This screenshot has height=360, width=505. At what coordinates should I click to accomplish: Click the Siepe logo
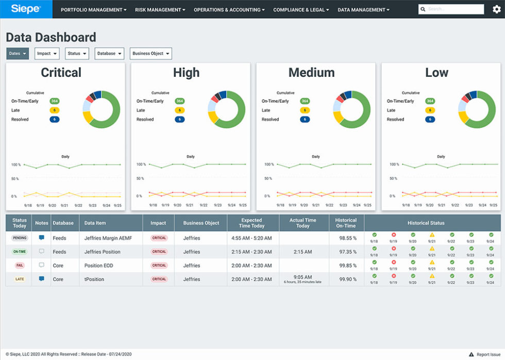click(26, 9)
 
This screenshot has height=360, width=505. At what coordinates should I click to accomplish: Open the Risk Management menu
click(160, 10)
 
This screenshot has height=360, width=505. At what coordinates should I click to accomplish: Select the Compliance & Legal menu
click(301, 10)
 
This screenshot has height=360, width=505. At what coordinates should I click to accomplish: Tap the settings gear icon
click(496, 9)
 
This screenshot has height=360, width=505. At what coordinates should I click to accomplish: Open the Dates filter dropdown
click(18, 54)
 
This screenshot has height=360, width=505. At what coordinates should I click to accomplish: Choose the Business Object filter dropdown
click(150, 54)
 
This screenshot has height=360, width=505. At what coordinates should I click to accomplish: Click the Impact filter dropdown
click(47, 54)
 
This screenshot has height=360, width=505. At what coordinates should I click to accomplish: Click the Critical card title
click(61, 73)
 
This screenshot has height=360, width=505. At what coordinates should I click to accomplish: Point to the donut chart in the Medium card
click(351, 109)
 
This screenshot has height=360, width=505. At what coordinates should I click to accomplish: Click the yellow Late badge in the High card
click(180, 110)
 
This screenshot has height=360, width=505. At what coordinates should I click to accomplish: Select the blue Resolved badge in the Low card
click(430, 120)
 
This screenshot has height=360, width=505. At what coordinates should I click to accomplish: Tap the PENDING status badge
click(20, 238)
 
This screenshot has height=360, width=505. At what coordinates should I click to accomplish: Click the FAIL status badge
click(20, 266)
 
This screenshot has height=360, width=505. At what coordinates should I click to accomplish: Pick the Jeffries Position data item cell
click(103, 252)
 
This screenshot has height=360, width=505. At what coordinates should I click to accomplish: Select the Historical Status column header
click(426, 223)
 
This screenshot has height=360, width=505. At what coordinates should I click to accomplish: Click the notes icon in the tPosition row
click(42, 279)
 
